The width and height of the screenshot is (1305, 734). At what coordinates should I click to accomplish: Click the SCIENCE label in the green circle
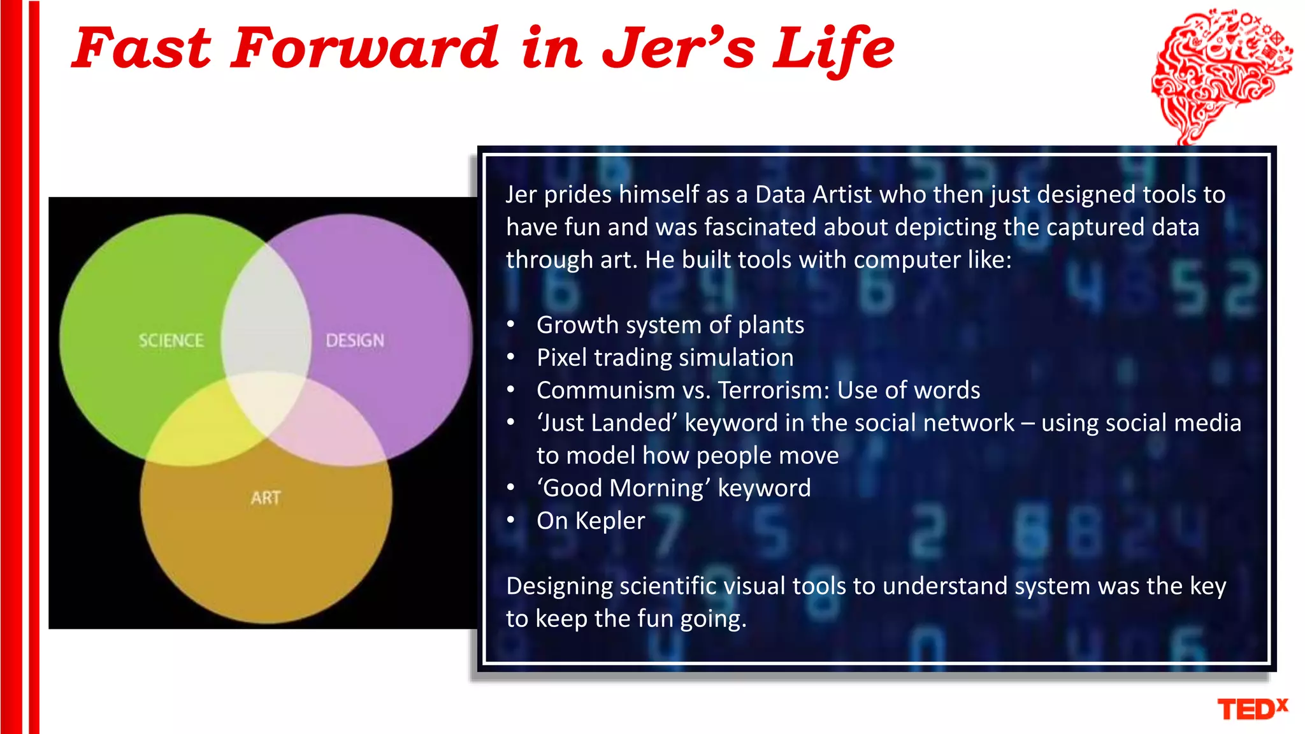[x=171, y=340]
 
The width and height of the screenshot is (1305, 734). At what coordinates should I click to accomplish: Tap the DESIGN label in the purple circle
[x=355, y=340]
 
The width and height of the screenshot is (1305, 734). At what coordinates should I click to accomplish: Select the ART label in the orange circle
[x=266, y=498]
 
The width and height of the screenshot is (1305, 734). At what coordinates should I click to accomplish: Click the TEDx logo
[x=1252, y=709]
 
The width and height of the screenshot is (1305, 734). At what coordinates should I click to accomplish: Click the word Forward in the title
[x=364, y=48]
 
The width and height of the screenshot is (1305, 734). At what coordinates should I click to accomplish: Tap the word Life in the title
[x=833, y=48]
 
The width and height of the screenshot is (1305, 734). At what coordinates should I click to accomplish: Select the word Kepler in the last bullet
[x=610, y=521]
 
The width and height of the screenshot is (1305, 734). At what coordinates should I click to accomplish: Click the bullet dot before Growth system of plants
[x=510, y=325]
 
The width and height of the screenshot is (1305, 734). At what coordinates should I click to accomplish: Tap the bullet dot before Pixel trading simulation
[x=510, y=357]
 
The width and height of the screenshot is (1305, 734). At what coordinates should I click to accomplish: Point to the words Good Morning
[x=624, y=488]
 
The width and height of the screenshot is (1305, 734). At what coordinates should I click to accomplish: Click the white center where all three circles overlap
[x=266, y=401]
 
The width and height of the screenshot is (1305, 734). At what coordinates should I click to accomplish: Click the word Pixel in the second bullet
[x=561, y=357]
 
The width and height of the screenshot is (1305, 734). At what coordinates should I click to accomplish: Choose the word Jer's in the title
[x=677, y=48]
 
